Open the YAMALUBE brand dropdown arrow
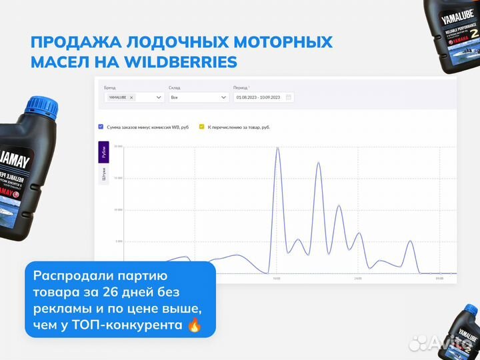159,97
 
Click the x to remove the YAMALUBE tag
131,97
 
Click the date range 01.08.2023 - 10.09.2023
259,97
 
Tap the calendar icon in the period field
288,97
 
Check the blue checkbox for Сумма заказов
101,127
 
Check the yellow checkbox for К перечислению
201,127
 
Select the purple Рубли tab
103,153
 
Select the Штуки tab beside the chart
103,175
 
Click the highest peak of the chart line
277,148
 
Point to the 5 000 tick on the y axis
119,241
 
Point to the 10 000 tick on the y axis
119,209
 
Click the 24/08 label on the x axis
358,278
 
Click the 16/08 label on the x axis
276,278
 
